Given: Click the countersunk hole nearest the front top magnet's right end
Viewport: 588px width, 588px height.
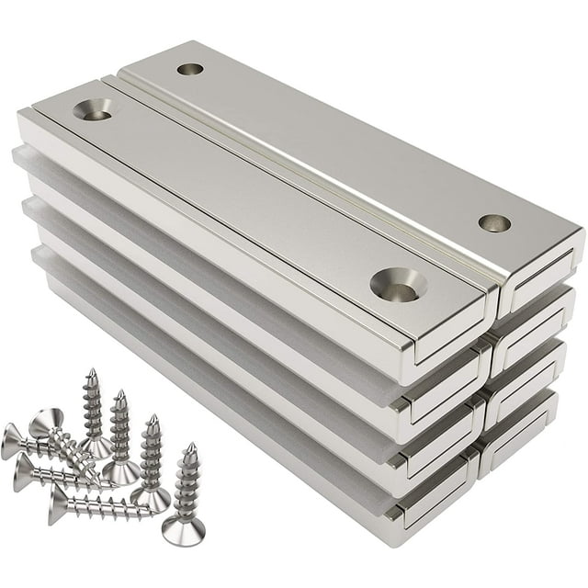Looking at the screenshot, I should [x=399, y=285].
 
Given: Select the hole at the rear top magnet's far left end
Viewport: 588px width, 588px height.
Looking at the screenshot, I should [x=190, y=69].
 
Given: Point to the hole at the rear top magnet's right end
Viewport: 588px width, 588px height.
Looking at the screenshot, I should [x=494, y=222].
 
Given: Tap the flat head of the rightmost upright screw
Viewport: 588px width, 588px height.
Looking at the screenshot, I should [x=183, y=531].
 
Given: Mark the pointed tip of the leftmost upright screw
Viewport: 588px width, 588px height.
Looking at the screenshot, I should [x=91, y=373].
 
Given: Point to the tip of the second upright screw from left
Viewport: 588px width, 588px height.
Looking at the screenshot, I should [x=119, y=396].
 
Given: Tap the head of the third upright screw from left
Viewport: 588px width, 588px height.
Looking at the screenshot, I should [x=148, y=498].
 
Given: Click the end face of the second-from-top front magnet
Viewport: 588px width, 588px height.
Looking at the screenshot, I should [x=441, y=404].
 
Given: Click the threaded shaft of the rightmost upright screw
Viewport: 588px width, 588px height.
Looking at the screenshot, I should [x=187, y=487].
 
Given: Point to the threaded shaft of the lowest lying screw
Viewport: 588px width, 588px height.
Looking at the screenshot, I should [x=110, y=506].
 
